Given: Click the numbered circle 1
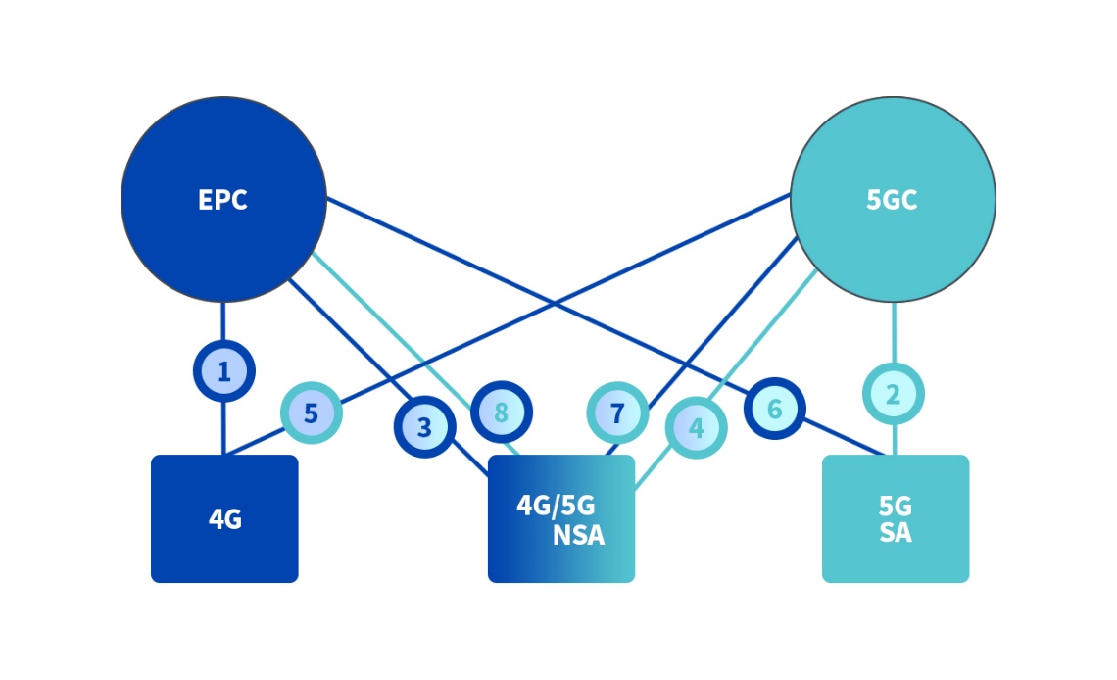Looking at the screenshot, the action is click(x=223, y=371).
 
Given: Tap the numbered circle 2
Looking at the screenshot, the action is click(x=894, y=394).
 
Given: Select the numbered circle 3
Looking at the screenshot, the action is click(x=424, y=426).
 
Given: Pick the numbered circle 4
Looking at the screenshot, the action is click(x=696, y=428).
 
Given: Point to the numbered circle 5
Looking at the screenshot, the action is click(x=312, y=413).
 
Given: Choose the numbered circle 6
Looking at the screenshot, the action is click(x=774, y=409).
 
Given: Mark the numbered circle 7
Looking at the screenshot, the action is click(x=617, y=413).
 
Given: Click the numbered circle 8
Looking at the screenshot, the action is click(x=502, y=412).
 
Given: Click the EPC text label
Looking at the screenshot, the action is click(x=223, y=200).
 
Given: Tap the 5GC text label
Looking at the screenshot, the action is click(x=892, y=200).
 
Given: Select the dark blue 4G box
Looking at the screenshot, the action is click(x=224, y=518).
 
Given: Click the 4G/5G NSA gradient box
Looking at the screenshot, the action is click(x=561, y=518).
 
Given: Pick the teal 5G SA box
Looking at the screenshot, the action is click(x=896, y=518).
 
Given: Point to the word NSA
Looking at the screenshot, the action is click(x=578, y=535).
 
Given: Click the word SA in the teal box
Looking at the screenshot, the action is click(x=896, y=533).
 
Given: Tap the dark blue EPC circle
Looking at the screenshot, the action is click(x=223, y=199).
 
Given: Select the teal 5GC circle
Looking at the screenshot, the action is click(x=893, y=199).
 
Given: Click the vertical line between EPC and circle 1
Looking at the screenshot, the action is click(x=223, y=321).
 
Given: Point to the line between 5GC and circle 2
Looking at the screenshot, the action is click(x=894, y=332).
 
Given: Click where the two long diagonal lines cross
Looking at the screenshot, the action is click(x=555, y=304).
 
